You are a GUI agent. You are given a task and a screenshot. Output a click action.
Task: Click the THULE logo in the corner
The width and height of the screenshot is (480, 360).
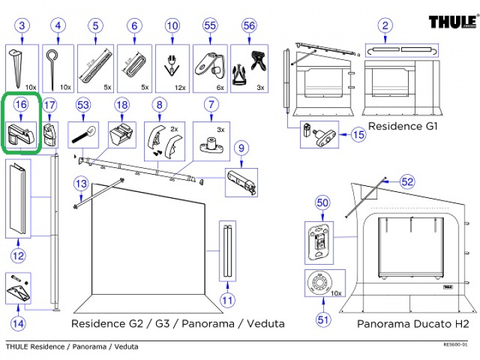click(453, 23)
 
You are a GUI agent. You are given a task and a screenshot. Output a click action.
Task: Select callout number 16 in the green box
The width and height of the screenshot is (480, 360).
click(21, 105)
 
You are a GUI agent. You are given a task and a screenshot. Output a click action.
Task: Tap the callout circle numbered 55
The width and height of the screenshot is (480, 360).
click(211, 26)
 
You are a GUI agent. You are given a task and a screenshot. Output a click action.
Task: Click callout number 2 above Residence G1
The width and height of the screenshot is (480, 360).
click(385, 26)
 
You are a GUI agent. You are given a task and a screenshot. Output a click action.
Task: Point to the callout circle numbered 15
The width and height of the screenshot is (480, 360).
click(359, 135)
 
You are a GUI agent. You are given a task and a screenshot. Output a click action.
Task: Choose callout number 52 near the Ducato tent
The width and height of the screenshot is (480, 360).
click(407, 181)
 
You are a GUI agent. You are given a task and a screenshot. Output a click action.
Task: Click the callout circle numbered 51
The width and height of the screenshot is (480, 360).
click(324, 319)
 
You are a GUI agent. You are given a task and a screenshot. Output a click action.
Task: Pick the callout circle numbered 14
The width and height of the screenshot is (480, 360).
click(19, 324)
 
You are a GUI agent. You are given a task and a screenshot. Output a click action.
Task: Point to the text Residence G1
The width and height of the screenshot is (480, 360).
click(402, 126)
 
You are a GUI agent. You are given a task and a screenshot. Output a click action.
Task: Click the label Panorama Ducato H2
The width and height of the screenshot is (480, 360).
click(413, 324)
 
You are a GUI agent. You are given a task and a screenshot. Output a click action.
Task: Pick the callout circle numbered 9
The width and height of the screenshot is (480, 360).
click(241, 147)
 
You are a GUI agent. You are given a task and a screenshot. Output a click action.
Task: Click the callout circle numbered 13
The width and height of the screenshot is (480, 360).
click(81, 183)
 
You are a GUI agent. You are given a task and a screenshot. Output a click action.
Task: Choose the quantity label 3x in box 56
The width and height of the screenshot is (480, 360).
click(261, 87)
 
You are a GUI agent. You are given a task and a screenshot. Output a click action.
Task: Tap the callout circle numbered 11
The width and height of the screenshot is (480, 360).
click(228, 300)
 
